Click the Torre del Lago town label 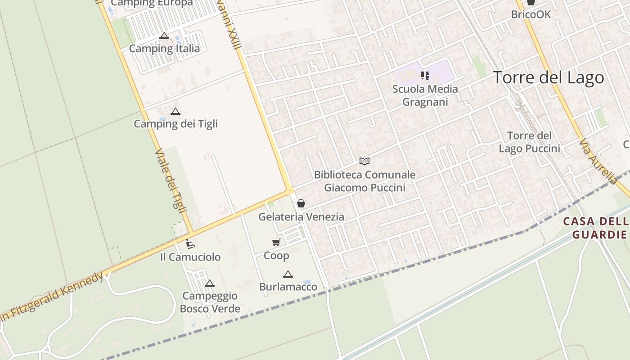click(x=549, y=77)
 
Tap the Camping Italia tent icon click(x=164, y=36)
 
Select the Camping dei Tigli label click(x=175, y=124)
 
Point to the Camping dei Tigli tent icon click(x=175, y=111)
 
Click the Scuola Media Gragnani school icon click(x=425, y=76)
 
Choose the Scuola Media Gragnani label click(x=425, y=95)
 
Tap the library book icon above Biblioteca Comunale click(x=364, y=161)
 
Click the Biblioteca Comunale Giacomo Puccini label click(x=364, y=181)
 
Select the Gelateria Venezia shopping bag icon click(x=301, y=204)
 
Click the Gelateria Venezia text click(x=301, y=217)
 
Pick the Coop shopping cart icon click(x=276, y=243)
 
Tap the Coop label click(x=276, y=256)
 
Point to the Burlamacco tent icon click(x=288, y=274)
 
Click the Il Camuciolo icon click(x=190, y=244)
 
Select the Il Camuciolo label click(x=190, y=257)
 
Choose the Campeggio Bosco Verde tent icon click(x=209, y=283)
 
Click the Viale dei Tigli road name click(x=167, y=179)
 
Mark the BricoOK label click(x=531, y=14)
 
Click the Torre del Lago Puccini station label click(x=529, y=142)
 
